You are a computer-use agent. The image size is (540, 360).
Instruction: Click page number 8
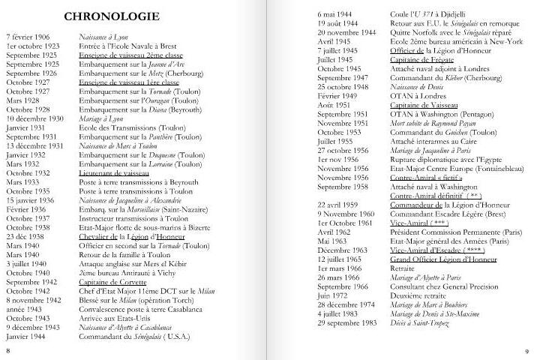click(8, 350)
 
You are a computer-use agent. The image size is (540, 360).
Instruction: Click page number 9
click(527, 350)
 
